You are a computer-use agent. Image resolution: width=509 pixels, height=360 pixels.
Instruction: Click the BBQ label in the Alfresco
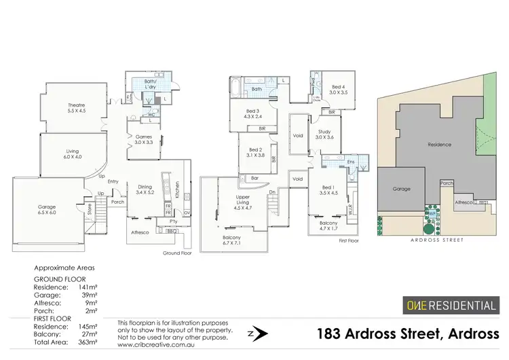pyautogui.click(x=172, y=232)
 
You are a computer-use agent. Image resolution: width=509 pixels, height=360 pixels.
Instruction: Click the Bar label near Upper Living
pyautogui.click(x=255, y=179)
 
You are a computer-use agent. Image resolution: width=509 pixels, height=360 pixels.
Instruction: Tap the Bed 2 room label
pyautogui.click(x=255, y=152)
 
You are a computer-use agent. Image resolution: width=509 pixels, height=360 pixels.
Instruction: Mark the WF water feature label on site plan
pyautogui.click(x=432, y=213)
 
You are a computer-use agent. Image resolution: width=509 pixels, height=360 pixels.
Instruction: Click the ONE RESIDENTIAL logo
pyautogui.click(x=450, y=305)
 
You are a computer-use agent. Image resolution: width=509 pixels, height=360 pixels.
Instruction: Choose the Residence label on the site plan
pyautogui.click(x=439, y=145)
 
